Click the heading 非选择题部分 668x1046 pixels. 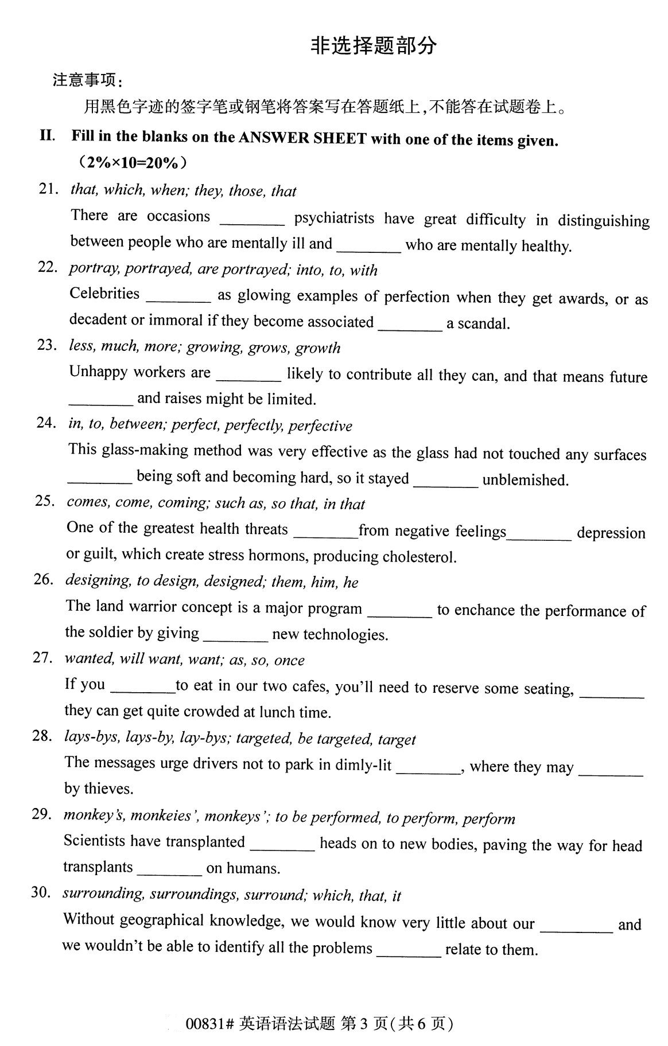374,46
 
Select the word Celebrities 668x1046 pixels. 104,294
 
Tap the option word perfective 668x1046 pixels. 320,426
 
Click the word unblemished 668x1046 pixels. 525,479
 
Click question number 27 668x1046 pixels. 42,658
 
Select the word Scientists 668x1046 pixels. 94,841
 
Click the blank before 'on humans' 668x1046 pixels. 169,869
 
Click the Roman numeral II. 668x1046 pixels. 47,135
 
